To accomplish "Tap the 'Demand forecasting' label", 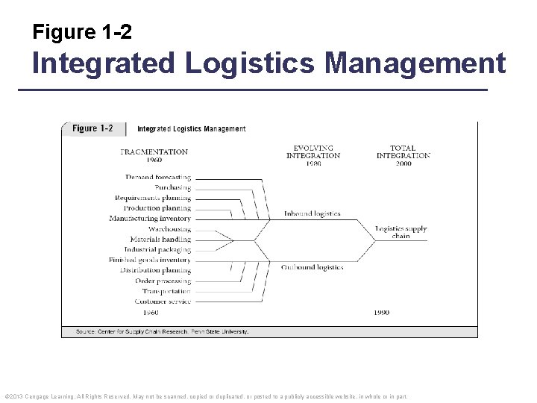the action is coord(158,178).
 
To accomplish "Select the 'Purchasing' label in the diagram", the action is coord(172,187).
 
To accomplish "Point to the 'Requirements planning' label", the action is coord(153,198).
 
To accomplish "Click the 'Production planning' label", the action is coord(157,208).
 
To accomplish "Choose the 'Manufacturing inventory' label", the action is coord(150,219).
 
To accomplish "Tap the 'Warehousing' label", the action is coord(169,229).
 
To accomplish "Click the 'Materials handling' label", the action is coord(160,240).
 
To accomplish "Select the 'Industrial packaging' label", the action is coord(157,250).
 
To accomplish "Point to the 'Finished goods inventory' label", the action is coord(149,260).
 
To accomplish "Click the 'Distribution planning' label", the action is coord(155,270).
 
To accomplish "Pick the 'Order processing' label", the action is coord(163,281).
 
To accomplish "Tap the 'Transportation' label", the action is coord(166,291).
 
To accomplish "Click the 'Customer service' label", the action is coord(163,302).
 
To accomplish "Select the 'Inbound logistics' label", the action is coord(312,213).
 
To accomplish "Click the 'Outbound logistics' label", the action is coord(312,266).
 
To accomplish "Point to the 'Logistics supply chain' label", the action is coord(401,232).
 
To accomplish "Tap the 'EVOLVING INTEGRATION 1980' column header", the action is coord(313,155).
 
